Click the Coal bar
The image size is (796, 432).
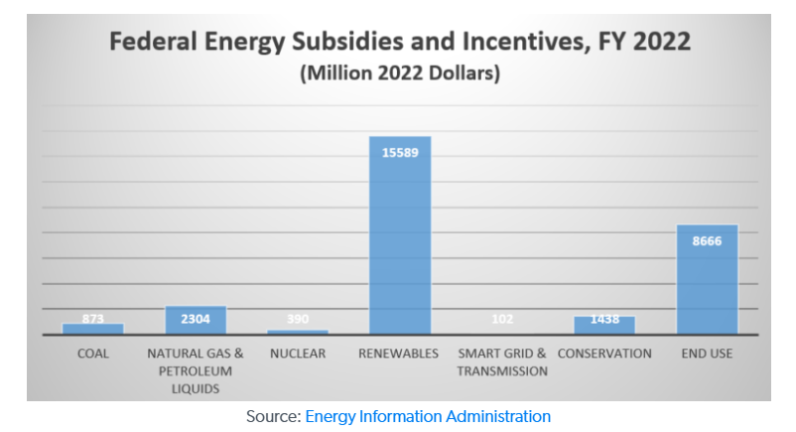93,329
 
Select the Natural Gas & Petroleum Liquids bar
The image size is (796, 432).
196,320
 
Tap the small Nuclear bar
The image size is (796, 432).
298,332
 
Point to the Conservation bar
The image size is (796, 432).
604,326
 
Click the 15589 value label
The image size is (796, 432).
400,152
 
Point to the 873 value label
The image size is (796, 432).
93,320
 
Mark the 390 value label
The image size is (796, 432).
298,320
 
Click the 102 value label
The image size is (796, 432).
502,320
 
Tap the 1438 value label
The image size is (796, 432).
604,320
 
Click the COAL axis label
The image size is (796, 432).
93,354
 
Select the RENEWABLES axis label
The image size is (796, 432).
400,354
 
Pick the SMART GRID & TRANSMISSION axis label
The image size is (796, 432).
502,362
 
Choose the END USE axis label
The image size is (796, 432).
707,354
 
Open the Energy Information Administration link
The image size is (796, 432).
428,417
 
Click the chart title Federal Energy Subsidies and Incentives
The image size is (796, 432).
399,43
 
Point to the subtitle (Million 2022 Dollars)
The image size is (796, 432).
399,73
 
